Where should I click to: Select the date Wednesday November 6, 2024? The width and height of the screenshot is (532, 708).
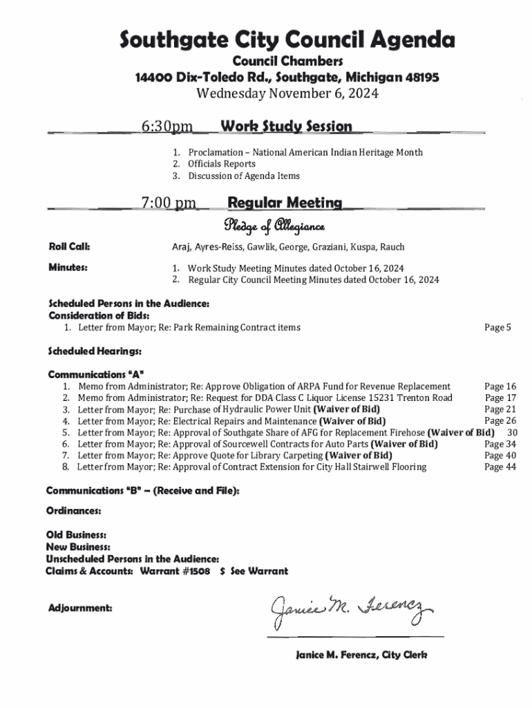(x=287, y=94)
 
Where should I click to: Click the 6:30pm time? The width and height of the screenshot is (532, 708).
(x=167, y=127)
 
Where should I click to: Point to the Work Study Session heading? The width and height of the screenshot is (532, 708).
(x=285, y=127)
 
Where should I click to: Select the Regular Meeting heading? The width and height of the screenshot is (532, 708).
(x=285, y=203)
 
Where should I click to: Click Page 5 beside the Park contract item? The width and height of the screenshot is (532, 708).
(x=497, y=327)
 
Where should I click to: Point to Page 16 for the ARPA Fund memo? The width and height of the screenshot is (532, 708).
(x=500, y=386)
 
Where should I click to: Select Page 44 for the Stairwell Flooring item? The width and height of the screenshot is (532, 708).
(x=500, y=467)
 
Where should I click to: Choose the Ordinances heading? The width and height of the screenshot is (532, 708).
(x=75, y=512)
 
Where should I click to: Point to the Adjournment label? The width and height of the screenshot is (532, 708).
(x=80, y=608)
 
